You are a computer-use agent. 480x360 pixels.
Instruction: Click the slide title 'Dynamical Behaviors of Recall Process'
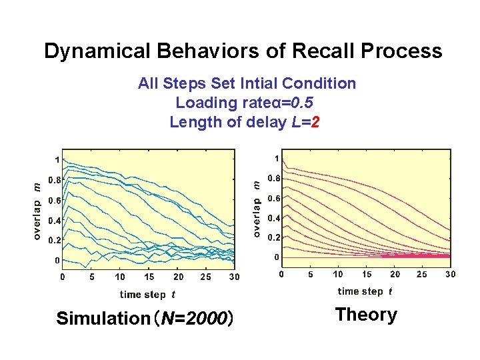pyautogui.click(x=243, y=51)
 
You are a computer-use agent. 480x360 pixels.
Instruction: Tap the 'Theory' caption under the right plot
pyautogui.click(x=366, y=315)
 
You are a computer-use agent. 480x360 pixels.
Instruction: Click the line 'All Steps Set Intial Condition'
pyautogui.click(x=247, y=83)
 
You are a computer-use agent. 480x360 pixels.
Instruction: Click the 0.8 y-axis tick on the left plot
pyautogui.click(x=55, y=179)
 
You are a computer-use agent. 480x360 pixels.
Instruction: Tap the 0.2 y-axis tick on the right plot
pyautogui.click(x=274, y=237)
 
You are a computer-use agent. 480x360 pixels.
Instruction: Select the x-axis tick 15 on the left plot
pyautogui.click(x=149, y=277)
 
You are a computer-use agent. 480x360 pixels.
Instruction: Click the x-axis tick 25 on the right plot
pyautogui.click(x=422, y=274)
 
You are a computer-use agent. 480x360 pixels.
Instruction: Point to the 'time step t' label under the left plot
pyautogui.click(x=148, y=295)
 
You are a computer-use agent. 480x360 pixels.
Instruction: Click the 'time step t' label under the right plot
pyautogui.click(x=365, y=291)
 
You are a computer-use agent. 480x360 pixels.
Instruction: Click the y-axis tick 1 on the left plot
pyautogui.click(x=58, y=160)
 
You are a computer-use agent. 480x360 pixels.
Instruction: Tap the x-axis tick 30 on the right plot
pyautogui.click(x=451, y=274)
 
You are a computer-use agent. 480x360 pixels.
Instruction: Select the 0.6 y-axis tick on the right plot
pyautogui.click(x=274, y=198)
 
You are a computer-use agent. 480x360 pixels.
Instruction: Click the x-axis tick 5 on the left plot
pyautogui.click(x=92, y=277)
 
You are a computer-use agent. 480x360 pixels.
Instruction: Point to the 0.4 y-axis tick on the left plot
pyautogui.click(x=55, y=220)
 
